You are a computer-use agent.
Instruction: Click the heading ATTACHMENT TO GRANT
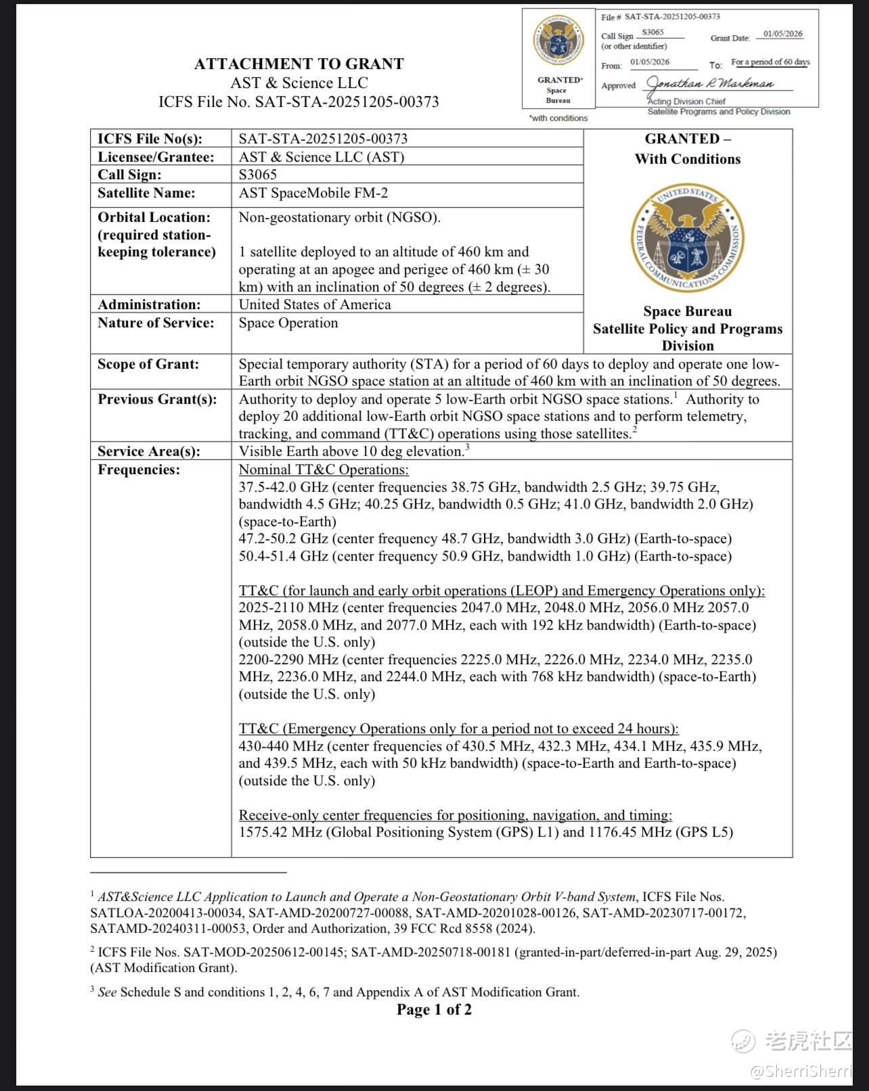[298, 64]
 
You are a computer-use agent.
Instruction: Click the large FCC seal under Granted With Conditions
[687, 239]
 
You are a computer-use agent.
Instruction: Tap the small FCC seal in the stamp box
[558, 42]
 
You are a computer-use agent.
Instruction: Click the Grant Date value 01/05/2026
[782, 34]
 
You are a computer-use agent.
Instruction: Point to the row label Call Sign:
[129, 175]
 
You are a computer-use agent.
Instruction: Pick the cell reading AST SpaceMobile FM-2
[313, 193]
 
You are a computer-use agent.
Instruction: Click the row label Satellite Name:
[146, 193]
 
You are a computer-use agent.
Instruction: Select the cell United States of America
[315, 304]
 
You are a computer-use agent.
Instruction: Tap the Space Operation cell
[288, 323]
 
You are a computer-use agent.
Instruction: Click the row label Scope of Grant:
[148, 364]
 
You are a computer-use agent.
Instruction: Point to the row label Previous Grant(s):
[157, 399]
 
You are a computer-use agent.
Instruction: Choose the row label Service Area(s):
[149, 451]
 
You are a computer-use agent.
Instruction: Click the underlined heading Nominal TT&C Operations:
[324, 469]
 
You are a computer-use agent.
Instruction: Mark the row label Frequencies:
[139, 469]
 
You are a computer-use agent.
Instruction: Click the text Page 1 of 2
[434, 1010]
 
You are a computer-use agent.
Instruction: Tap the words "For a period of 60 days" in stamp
[770, 62]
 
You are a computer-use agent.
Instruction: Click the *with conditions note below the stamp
[558, 118]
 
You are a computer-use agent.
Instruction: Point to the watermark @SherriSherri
[801, 1071]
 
